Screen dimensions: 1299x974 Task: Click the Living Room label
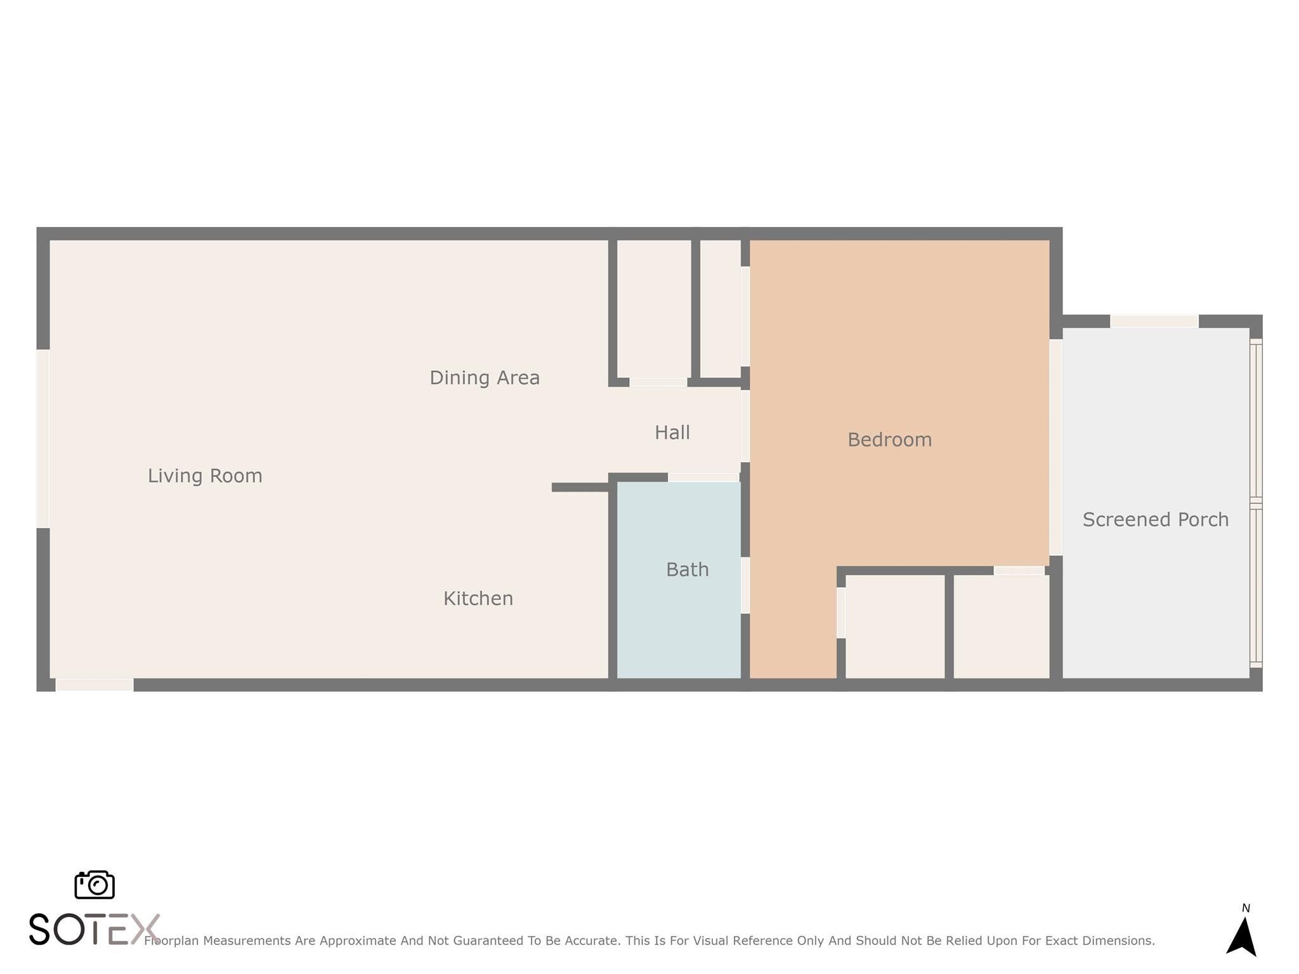(x=205, y=476)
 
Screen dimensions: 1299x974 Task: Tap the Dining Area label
(x=485, y=378)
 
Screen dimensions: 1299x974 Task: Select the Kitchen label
(x=478, y=599)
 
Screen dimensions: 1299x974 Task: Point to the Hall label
(x=672, y=432)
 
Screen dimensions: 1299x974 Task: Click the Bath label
(x=688, y=569)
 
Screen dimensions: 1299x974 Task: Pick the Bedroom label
(x=890, y=440)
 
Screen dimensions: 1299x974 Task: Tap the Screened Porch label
(x=1156, y=520)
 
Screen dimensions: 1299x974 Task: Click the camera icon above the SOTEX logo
(x=95, y=885)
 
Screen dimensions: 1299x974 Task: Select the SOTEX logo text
(x=95, y=930)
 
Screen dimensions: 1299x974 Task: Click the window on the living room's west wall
(x=43, y=439)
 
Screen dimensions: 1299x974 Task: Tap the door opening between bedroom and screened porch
(x=1056, y=448)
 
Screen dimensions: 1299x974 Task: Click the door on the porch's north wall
(x=1154, y=321)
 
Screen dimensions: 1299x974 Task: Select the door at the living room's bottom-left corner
(x=95, y=685)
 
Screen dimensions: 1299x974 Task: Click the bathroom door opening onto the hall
(x=704, y=477)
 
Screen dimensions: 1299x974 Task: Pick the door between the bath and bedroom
(x=745, y=585)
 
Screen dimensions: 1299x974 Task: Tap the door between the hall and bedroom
(x=745, y=426)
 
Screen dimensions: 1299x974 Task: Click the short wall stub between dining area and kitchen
(x=580, y=488)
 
